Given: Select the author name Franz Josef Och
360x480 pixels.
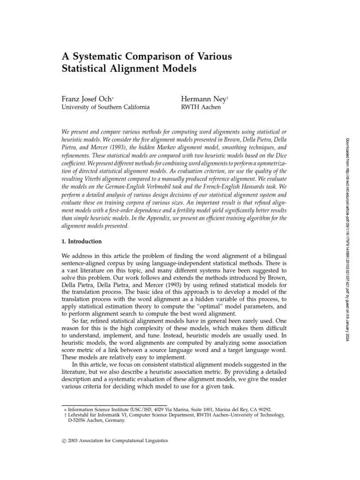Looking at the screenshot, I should [89, 99].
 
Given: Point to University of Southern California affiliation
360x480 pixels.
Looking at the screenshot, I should [106, 107].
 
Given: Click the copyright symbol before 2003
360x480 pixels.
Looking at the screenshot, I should [65, 441].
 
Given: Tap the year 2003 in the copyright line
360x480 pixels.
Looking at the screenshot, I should [76, 441].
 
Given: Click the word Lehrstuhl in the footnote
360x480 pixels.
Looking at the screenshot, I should [79, 415].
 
